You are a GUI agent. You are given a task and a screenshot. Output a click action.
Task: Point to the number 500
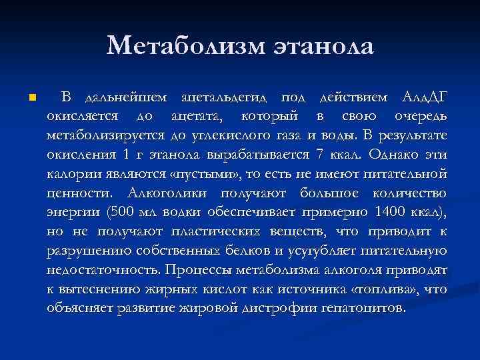(116, 213)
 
